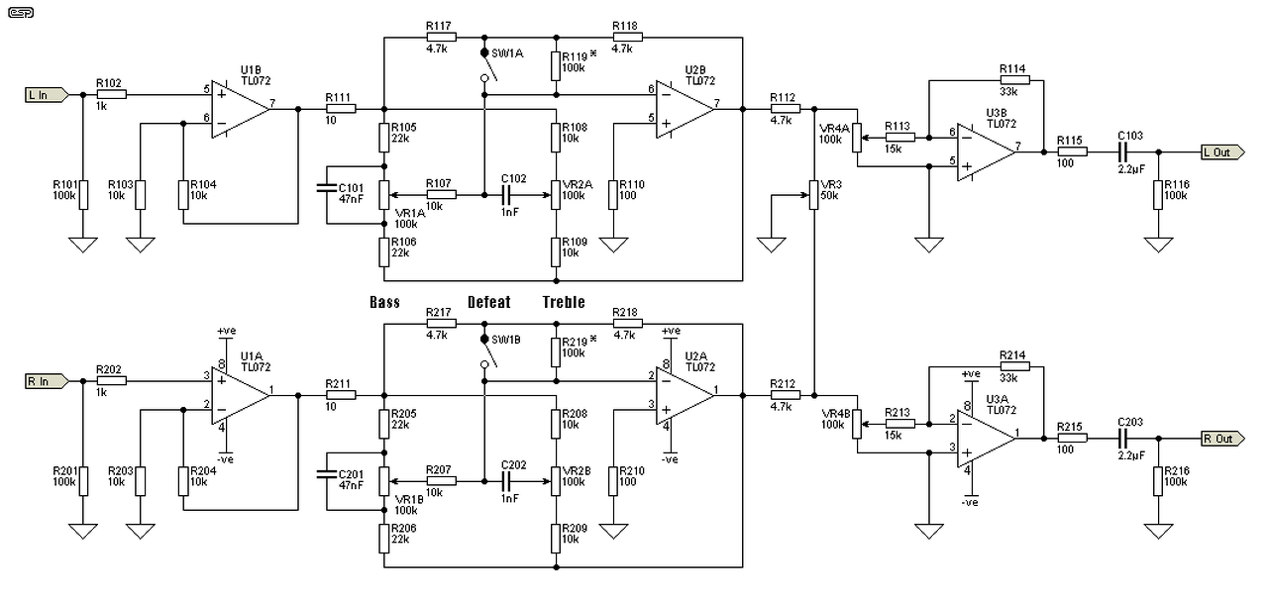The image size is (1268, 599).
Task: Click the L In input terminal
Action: coord(47,95)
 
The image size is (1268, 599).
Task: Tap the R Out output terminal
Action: coord(1222,439)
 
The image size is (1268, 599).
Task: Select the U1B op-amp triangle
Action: coord(241,109)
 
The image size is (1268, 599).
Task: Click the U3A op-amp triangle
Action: coord(986,439)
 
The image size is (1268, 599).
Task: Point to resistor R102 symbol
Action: coord(112,95)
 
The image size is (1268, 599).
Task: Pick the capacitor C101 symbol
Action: coord(327,188)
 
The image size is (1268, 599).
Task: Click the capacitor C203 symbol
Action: coord(1123,439)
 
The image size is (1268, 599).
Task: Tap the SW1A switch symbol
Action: coord(487,65)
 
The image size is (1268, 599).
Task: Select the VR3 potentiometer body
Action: coord(813,195)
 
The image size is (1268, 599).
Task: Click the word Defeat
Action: coord(489,303)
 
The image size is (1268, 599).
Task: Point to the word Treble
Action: coord(564,303)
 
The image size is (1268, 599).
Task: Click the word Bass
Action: coord(385,303)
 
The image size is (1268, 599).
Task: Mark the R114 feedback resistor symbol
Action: coord(1015,80)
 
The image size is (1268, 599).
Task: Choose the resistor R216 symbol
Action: coord(1158,481)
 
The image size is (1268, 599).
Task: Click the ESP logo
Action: coord(21,13)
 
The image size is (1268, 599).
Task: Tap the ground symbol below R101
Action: coord(83,245)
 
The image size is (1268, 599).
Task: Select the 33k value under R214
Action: coord(1008,378)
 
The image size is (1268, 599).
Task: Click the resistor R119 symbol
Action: coord(556,66)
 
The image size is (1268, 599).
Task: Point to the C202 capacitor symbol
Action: coord(506,481)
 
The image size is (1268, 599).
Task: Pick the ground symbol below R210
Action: coord(613,531)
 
